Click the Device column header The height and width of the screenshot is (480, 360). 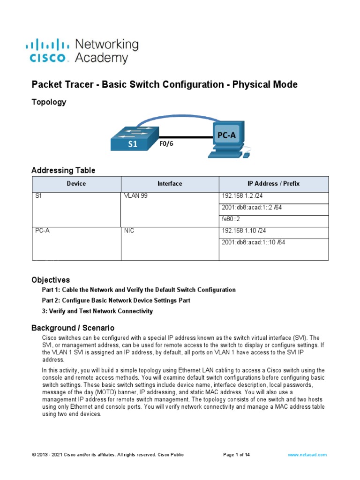[x=76, y=184]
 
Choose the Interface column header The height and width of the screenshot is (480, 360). [x=170, y=184]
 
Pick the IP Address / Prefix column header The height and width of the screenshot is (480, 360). [x=273, y=184]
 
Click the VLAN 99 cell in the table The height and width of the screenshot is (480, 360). [x=136, y=196]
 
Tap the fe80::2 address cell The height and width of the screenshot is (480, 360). [x=232, y=219]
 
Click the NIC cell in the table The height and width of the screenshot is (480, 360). [x=129, y=231]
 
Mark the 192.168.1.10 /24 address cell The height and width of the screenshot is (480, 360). [x=241, y=231]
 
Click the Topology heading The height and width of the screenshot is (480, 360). [x=49, y=102]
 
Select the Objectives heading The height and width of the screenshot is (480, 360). [x=51, y=280]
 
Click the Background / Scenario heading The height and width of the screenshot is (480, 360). [x=73, y=328]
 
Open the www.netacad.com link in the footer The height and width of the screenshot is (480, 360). [x=307, y=455]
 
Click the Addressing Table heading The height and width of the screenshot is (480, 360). [x=63, y=170]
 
